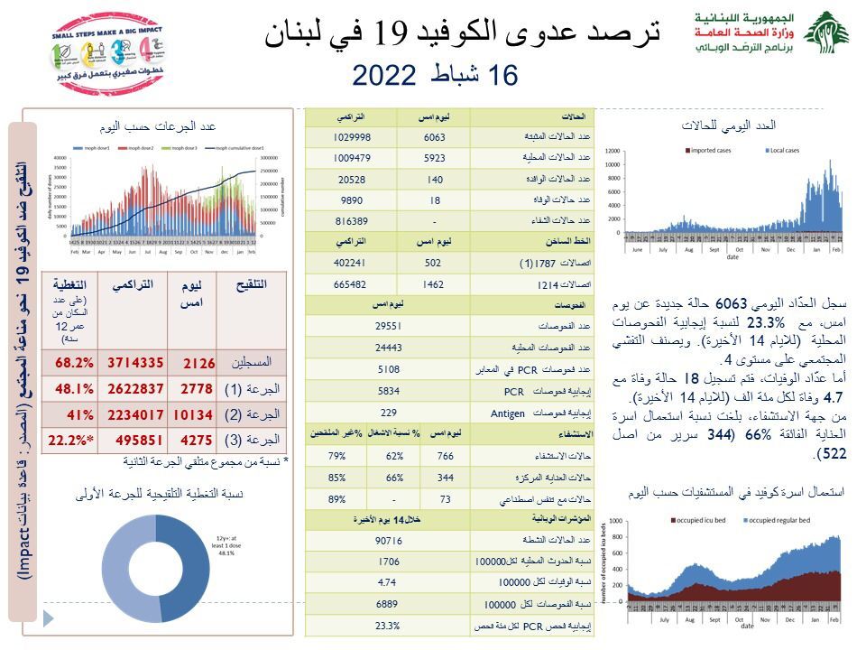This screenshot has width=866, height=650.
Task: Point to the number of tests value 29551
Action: pyautogui.click(x=387, y=325)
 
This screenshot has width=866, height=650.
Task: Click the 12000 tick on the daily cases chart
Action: pyautogui.click(x=613, y=151)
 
